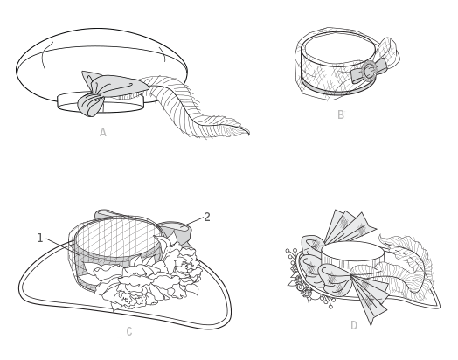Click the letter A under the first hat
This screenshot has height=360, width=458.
tap(103, 132)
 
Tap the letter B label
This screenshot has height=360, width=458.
tap(341, 114)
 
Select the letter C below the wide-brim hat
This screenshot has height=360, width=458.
tap(129, 331)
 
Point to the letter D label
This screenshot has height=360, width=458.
tap(354, 325)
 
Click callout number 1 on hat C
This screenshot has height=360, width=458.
tap(40, 239)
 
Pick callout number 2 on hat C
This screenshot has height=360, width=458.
tap(207, 217)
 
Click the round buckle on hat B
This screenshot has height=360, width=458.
tap(369, 71)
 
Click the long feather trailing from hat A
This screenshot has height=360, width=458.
tap(193, 108)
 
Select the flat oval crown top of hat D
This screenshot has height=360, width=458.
tap(352, 252)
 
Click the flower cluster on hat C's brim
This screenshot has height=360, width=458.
tap(146, 276)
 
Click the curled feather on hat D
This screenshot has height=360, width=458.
tap(406, 263)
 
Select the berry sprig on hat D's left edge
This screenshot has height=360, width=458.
tap(301, 277)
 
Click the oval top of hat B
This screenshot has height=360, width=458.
tap(338, 47)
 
